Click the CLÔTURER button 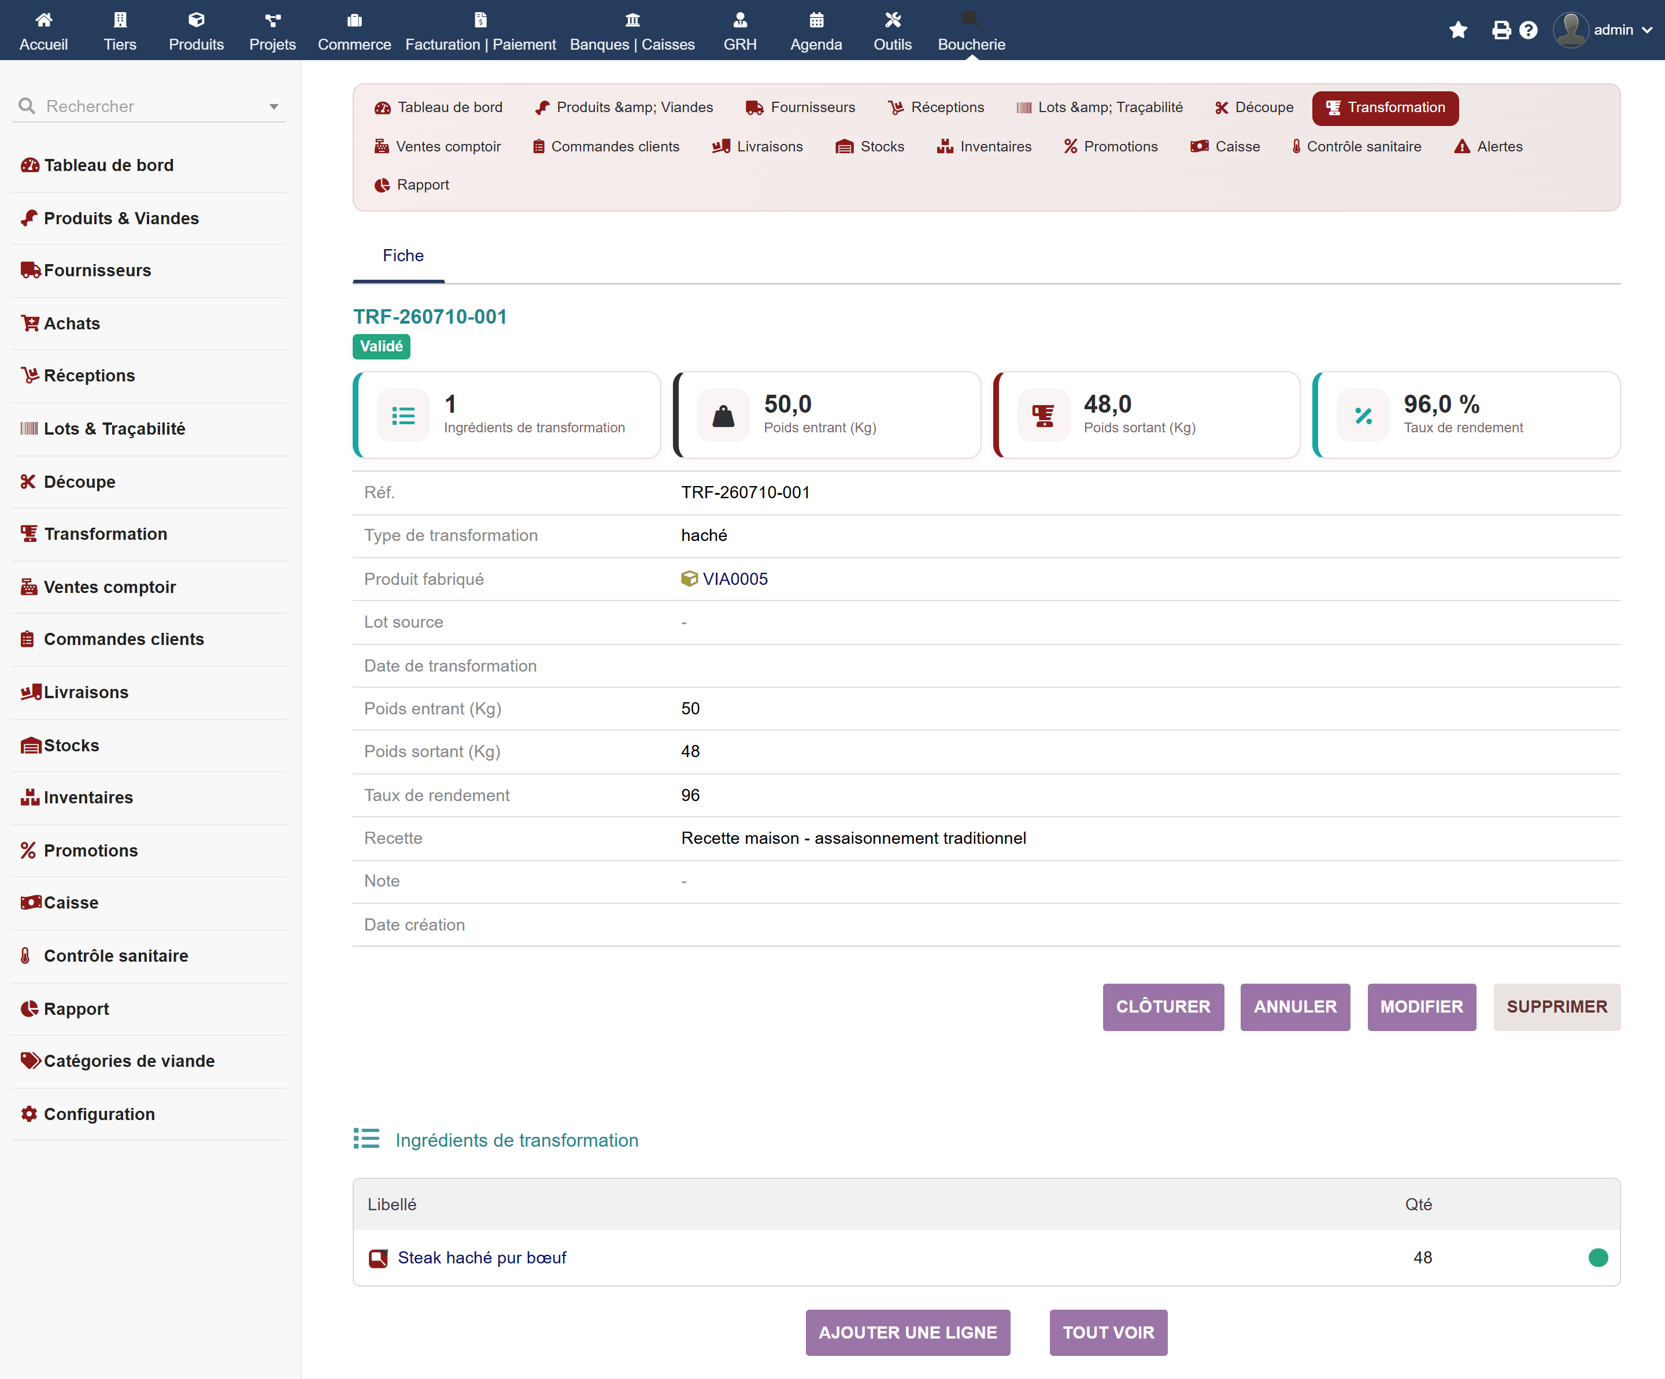[x=1163, y=1007]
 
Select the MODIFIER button [x=1421, y=1007]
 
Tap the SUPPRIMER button [x=1556, y=1007]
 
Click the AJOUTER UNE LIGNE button [x=908, y=1332]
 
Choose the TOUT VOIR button [x=1108, y=1332]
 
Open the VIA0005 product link [x=735, y=579]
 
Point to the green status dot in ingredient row [x=1597, y=1258]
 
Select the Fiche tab [x=403, y=255]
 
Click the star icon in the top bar [x=1458, y=30]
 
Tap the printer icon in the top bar [x=1501, y=30]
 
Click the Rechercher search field [x=150, y=106]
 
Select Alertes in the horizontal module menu [x=1488, y=147]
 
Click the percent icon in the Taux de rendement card [x=1363, y=416]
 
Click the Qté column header [x=1418, y=1204]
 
